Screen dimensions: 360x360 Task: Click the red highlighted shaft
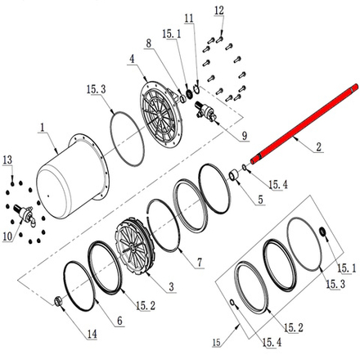click(304, 124)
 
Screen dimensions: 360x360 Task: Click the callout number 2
click(319, 147)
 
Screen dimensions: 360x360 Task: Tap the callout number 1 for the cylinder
click(43, 128)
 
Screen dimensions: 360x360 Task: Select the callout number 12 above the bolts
click(219, 11)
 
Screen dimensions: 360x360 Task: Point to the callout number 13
click(7, 160)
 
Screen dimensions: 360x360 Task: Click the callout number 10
click(7, 236)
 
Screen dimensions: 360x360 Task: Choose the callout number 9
click(245, 136)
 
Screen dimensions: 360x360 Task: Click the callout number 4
click(132, 59)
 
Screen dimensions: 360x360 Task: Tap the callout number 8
click(148, 43)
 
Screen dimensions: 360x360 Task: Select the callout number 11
click(189, 18)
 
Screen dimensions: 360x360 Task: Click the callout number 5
click(260, 200)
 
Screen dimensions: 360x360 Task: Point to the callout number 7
click(200, 263)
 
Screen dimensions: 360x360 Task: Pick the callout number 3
click(171, 287)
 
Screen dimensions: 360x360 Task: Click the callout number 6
click(119, 321)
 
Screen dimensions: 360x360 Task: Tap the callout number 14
click(92, 334)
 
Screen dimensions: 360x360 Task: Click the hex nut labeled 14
click(58, 301)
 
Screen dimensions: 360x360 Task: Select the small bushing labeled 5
click(234, 175)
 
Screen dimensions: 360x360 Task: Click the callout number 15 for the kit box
click(217, 343)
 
